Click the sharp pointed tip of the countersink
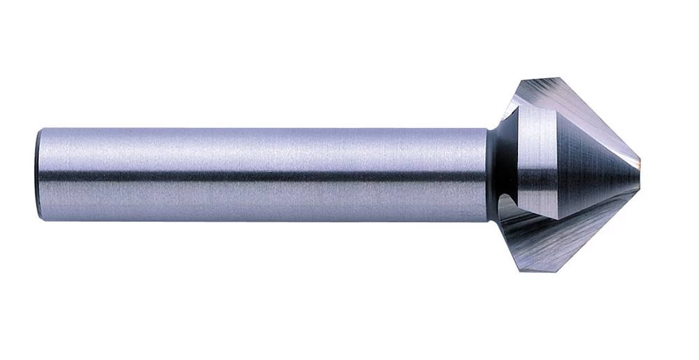coord(640,168)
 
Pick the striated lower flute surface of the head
coord(552,234)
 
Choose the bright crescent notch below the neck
coord(507,206)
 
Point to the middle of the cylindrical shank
coord(262,175)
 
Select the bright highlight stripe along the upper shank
coord(262,150)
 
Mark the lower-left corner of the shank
coord(41,219)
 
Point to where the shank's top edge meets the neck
coord(487,130)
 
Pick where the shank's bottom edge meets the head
coord(489,221)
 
